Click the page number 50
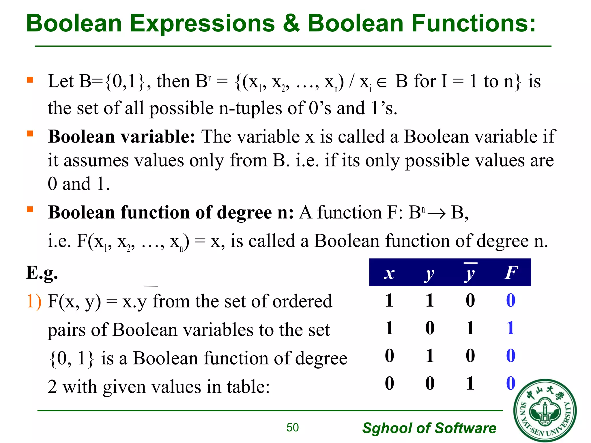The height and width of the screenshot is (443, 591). [x=292, y=427]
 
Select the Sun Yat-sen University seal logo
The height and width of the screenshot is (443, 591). [x=545, y=410]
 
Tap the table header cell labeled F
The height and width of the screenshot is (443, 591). [x=511, y=273]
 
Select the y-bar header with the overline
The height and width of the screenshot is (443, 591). [x=470, y=273]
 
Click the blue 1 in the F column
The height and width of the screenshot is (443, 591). [x=510, y=328]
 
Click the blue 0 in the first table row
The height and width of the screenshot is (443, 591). [x=510, y=300]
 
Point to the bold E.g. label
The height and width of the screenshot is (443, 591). [x=42, y=273]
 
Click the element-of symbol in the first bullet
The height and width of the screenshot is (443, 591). [x=381, y=83]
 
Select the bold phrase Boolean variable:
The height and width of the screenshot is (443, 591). [x=121, y=136]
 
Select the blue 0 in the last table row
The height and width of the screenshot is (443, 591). [x=510, y=383]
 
